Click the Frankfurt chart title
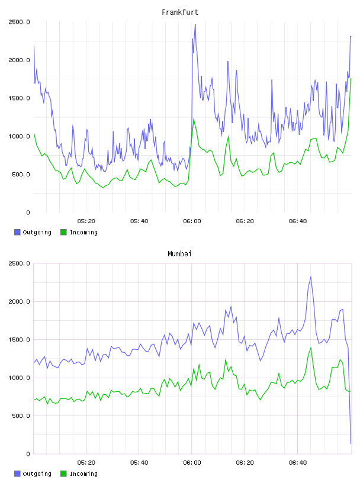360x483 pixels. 180,12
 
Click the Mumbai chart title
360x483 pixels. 179,254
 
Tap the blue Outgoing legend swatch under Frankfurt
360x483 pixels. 17,232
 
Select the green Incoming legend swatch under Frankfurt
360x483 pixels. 63,232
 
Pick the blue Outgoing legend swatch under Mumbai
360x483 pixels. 17,474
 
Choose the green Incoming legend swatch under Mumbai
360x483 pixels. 63,474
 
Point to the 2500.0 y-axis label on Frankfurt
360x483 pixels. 19,22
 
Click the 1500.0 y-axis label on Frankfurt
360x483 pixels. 19,98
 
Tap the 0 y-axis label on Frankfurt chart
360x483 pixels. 28,212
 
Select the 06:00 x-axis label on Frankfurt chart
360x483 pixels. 192,221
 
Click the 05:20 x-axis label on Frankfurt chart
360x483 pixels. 86,221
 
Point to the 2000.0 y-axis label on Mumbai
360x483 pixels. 19,301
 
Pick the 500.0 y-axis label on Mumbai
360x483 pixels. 21,416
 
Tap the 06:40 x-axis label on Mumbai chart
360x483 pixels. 298,463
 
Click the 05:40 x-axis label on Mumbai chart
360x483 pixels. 139,463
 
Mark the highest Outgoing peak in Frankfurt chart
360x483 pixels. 195,25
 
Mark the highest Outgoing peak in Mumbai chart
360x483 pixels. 311,277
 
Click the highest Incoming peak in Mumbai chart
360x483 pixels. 311,347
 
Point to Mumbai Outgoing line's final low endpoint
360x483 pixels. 351,443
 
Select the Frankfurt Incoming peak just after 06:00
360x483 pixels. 194,119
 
